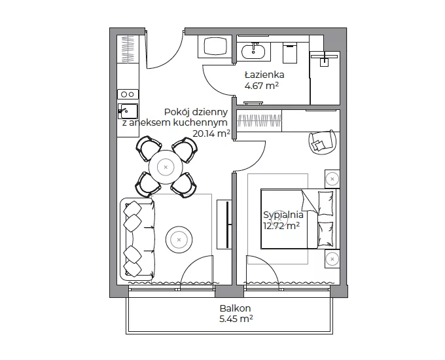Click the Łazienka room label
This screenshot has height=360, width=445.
point(264,75)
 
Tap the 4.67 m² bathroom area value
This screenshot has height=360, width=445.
point(261,86)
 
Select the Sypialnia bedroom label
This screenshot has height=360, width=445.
point(283,215)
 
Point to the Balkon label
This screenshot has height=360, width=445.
point(236,308)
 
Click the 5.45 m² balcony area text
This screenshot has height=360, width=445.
point(236,319)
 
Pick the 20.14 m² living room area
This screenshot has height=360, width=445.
point(211,133)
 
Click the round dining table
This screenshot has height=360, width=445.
point(166,167)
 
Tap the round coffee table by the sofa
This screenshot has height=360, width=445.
point(179,240)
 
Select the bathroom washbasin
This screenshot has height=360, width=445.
point(253,51)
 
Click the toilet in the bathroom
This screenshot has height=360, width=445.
point(290,53)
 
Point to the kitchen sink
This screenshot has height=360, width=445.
point(128,111)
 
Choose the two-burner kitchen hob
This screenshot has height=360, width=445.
point(128,94)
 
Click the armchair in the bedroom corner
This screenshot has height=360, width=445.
point(322,142)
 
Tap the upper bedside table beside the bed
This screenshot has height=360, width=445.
point(332,179)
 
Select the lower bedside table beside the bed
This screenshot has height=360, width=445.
point(332,259)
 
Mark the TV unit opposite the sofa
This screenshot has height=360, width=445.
point(224,225)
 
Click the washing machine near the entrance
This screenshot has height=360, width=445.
point(215,47)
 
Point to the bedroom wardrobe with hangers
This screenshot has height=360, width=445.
point(259,120)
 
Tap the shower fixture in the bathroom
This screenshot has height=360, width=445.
point(325,58)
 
